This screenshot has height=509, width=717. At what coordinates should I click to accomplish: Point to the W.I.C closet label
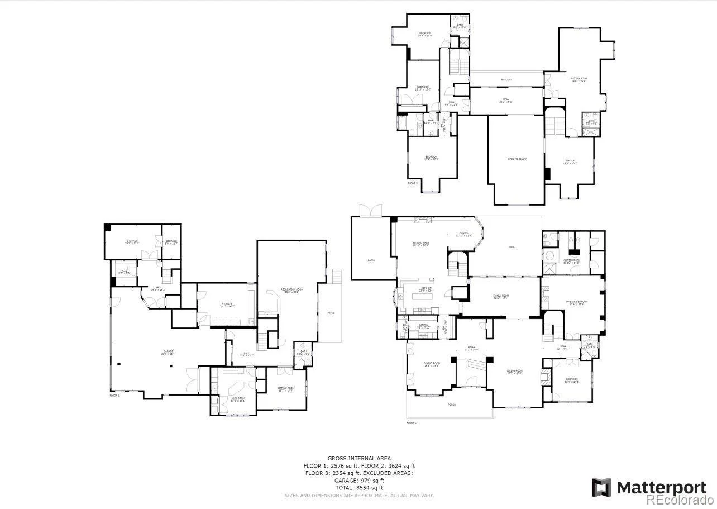click(x=126, y=271)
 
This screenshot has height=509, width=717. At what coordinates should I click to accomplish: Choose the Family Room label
click(x=501, y=297)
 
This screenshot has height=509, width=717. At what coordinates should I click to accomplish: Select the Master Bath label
click(x=571, y=261)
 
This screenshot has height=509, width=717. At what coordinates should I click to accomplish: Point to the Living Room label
click(x=514, y=372)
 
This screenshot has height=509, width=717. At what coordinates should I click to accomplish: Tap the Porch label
click(x=451, y=405)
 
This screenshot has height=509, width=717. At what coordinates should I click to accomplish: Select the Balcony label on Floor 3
click(x=506, y=79)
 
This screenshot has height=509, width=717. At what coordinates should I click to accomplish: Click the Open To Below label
click(x=517, y=159)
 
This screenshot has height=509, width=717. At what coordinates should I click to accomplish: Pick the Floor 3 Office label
click(x=570, y=162)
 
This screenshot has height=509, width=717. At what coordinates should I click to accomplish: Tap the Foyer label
click(x=472, y=348)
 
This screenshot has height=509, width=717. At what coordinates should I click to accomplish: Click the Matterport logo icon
click(x=601, y=487)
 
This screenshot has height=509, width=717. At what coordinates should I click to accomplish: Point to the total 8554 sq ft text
click(x=359, y=488)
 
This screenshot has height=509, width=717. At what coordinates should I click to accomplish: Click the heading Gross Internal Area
click(x=359, y=458)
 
